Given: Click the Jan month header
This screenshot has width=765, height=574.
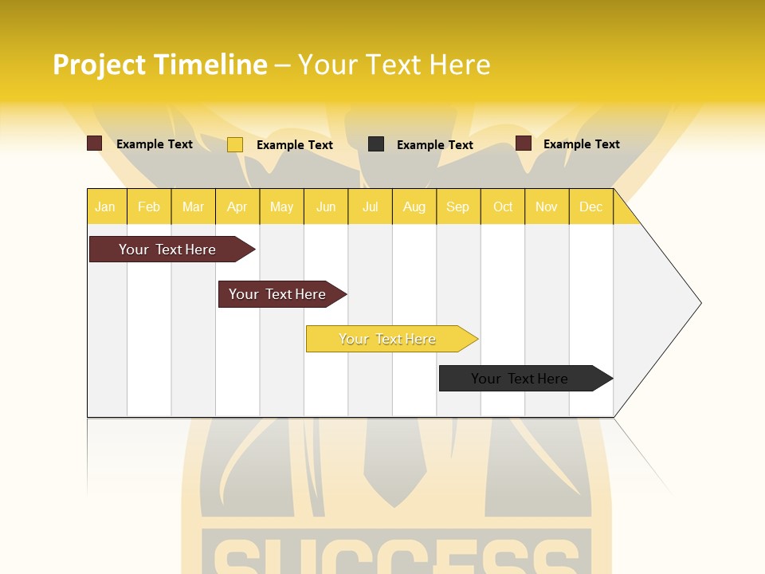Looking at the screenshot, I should click(x=105, y=206).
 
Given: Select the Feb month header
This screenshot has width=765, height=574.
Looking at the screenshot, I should click(x=149, y=206).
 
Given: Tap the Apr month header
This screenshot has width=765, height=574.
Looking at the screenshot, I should click(x=237, y=206).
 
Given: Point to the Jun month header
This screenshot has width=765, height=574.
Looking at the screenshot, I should click(x=326, y=206).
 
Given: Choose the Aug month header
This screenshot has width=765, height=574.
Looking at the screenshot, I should click(x=414, y=206).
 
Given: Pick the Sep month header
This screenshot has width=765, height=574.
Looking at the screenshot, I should click(x=457, y=206).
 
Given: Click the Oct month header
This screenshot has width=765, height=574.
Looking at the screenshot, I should click(x=503, y=206).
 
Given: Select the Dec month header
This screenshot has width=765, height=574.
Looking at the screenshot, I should click(x=590, y=206).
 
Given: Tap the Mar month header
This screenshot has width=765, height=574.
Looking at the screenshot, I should click(x=193, y=206).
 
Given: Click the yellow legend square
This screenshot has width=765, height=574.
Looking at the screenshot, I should click(x=235, y=144).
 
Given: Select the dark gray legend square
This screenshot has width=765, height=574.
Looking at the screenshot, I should click(x=376, y=143).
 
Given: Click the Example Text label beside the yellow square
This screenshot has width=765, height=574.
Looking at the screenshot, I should click(x=295, y=145).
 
